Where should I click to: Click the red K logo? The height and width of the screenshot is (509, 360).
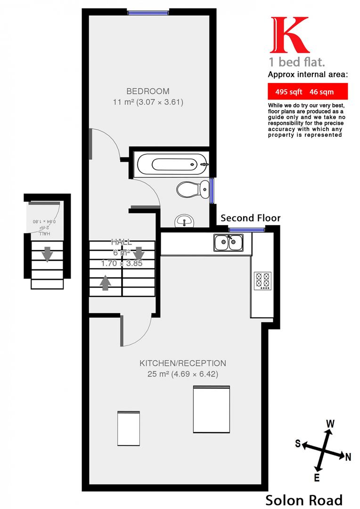pyautogui.click(x=288, y=35)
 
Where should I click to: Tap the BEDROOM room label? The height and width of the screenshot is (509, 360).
pyautogui.click(x=147, y=91)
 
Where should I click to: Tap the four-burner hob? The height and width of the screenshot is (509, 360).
pyautogui.click(x=262, y=281)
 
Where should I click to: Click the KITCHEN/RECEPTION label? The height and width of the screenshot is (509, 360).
pyautogui.click(x=182, y=363)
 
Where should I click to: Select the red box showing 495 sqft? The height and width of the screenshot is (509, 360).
pyautogui.click(x=307, y=91)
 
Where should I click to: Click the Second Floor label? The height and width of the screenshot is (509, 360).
pyautogui.click(x=250, y=218)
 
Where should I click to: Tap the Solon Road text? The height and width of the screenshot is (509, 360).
pyautogui.click(x=303, y=500)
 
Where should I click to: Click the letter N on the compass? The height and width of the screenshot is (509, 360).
pyautogui.click(x=348, y=456)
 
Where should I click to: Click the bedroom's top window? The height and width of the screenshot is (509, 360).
pyautogui.click(x=148, y=13)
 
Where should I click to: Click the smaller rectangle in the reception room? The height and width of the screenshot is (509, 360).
pyautogui.click(x=129, y=427)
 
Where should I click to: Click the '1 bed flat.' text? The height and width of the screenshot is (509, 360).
pyautogui.click(x=290, y=62)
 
